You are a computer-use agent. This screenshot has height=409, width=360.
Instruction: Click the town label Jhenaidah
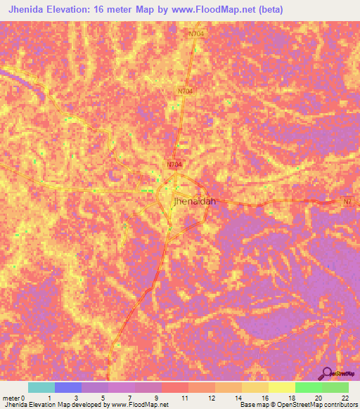[193, 202]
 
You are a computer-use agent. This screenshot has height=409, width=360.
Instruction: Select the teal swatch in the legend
[41, 387]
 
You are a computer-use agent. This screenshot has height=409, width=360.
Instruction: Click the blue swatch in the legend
[68, 387]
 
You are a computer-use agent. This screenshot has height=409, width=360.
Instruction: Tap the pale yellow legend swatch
[281, 387]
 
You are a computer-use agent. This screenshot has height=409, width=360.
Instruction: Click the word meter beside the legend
[10, 399]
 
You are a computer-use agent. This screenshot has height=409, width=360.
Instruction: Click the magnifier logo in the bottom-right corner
[326, 373]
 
